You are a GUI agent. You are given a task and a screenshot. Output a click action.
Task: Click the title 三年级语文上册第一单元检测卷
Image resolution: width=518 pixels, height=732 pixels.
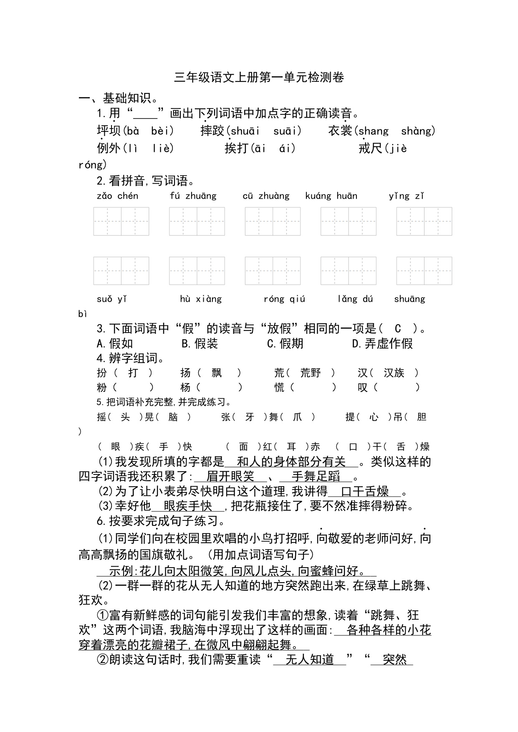tap(259, 78)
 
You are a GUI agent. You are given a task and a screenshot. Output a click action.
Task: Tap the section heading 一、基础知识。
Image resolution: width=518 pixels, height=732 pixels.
tap(119, 98)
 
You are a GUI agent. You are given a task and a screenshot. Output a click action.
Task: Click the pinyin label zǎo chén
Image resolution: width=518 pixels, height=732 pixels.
tap(117, 196)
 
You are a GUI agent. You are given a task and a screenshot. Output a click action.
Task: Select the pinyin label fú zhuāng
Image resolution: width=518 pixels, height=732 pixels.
tap(193, 196)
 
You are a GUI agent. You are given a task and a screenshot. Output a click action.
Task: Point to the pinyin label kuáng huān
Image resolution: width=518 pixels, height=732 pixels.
tap(331, 196)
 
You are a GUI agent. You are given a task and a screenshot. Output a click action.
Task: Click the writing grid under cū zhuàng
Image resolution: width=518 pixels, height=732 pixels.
tap(273, 221)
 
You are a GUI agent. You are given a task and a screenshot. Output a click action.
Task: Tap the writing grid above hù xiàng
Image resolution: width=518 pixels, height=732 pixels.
tap(197, 271)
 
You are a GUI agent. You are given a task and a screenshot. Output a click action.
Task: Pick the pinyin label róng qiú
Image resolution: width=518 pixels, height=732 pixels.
tap(284, 299)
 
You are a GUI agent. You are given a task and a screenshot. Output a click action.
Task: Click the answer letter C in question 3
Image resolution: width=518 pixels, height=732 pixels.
tap(398, 329)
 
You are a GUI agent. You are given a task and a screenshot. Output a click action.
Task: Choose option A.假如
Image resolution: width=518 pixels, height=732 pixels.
tap(115, 343)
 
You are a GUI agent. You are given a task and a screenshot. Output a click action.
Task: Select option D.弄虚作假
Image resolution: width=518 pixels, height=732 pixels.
tap(382, 343)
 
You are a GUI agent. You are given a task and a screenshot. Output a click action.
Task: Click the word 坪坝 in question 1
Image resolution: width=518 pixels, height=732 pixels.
tap(109, 131)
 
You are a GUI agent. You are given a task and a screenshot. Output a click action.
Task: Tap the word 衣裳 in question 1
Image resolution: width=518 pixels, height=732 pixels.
tap(340, 131)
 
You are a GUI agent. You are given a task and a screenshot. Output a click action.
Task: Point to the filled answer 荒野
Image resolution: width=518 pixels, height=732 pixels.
tap(311, 373)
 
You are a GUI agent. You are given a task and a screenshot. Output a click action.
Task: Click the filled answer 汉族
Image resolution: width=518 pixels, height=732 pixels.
tap(394, 373)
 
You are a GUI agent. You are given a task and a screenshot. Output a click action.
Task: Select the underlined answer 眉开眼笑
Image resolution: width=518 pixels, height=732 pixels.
tap(230, 476)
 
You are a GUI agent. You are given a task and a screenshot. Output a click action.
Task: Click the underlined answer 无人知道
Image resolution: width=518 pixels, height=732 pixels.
tap(310, 659)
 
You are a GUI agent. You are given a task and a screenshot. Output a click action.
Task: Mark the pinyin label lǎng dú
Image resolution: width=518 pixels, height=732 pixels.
tap(355, 299)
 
